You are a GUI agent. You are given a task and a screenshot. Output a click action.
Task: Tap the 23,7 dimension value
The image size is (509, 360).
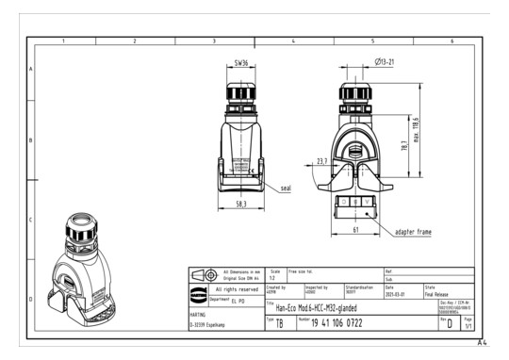[x=322, y=161]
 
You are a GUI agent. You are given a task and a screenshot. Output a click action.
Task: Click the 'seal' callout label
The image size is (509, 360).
[x=286, y=188]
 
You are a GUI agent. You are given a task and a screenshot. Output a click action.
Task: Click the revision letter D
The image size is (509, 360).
[x=450, y=324]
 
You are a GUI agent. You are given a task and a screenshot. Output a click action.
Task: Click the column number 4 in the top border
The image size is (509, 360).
[x=293, y=41]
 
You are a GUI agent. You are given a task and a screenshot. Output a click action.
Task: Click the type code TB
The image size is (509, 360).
[x=279, y=323]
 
